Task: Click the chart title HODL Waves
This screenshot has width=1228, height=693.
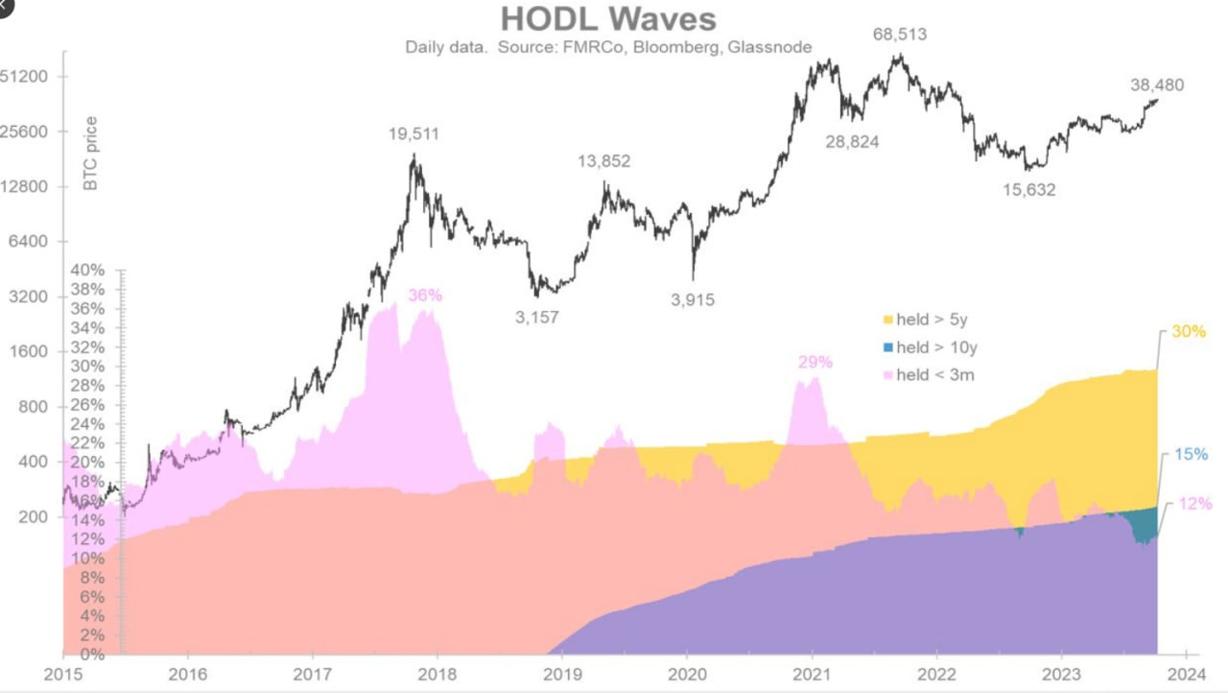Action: (608, 19)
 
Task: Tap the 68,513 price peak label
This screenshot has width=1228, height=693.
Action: (899, 35)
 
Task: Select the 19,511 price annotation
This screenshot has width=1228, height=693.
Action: (413, 134)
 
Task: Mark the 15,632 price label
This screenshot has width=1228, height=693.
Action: (1028, 190)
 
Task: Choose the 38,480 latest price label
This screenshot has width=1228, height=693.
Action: (1157, 84)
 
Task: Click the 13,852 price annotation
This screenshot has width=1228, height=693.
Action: (603, 161)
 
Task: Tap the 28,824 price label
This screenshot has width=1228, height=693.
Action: (853, 142)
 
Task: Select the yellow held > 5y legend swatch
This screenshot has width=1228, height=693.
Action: (887, 320)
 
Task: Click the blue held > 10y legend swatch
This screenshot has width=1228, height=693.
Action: (887, 347)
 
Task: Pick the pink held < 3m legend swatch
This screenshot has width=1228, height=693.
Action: (887, 375)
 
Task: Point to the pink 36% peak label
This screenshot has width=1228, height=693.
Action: (425, 296)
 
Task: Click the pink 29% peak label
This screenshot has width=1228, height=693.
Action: (815, 363)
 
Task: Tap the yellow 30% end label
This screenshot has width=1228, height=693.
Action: (1189, 332)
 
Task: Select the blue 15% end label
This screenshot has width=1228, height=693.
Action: (1191, 455)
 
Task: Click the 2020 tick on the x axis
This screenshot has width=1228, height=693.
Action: (688, 674)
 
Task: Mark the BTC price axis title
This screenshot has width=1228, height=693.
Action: (91, 154)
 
